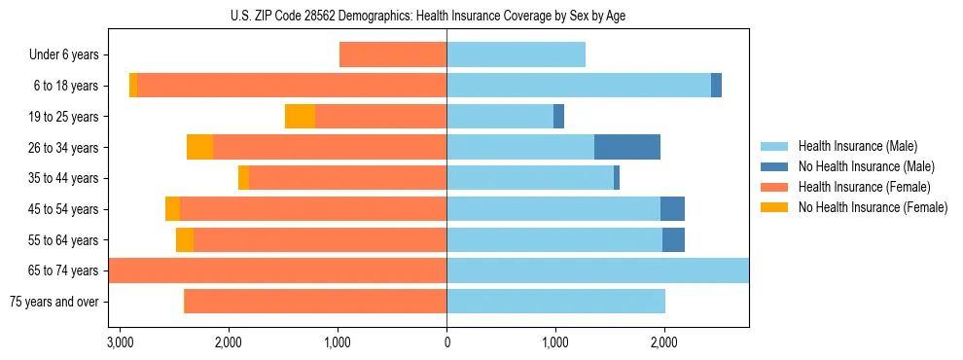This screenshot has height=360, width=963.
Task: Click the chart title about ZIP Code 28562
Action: point(446,16)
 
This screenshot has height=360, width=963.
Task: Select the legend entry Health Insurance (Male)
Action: point(857,146)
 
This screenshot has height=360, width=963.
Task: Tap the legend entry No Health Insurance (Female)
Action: point(873,207)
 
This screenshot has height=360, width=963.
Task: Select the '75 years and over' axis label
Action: point(54,302)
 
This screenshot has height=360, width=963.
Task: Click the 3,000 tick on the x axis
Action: point(120,342)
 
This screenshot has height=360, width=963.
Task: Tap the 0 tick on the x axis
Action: point(446,342)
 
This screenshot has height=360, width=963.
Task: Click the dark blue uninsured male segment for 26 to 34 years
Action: point(627,147)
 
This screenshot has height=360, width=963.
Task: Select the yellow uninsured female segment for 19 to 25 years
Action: point(300,117)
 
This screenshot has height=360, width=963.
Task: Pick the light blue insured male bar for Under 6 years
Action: point(516,55)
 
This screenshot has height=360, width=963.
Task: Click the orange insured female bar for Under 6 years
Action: point(393,55)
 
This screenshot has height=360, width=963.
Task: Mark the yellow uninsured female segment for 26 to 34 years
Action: point(199,147)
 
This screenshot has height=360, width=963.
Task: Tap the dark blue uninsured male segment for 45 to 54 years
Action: point(672,209)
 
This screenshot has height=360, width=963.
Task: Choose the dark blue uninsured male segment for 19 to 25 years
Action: point(558,117)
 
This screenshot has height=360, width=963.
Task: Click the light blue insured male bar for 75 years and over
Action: point(555,302)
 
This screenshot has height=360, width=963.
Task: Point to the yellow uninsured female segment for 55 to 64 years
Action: point(185,240)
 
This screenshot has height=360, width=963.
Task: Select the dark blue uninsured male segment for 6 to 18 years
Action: point(716,86)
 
